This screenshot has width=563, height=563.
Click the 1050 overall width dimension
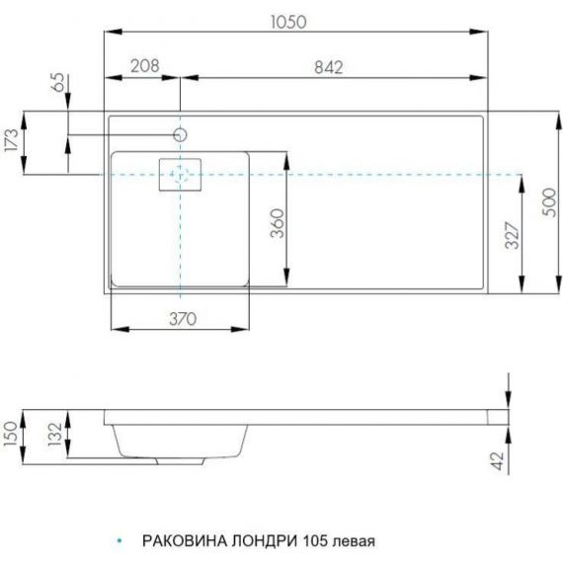click(x=288, y=22)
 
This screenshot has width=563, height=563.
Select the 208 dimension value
click(x=144, y=66)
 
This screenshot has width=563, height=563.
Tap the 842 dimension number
click(x=329, y=67)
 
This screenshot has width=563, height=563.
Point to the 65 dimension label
click(x=59, y=82)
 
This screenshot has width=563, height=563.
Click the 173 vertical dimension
click(x=11, y=140)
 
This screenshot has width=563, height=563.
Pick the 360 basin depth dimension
click(x=278, y=223)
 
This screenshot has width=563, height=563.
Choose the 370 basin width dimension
click(x=183, y=319)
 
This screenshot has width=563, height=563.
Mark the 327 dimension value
click(x=512, y=235)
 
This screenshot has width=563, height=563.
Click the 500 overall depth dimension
click(x=549, y=202)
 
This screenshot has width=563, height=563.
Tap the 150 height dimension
click(x=10, y=434)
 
